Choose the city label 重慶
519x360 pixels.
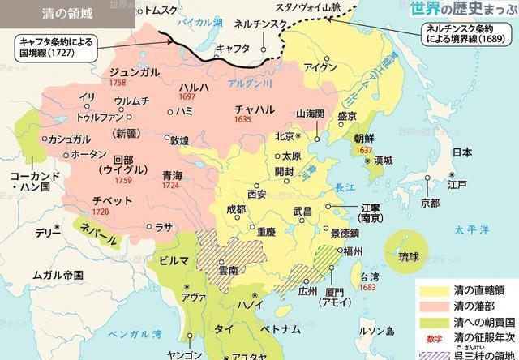point(268,229)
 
